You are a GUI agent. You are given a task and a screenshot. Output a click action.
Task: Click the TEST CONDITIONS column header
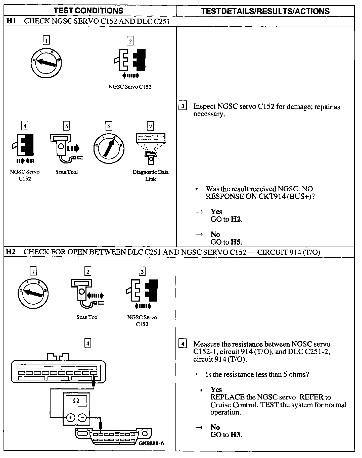[89, 11]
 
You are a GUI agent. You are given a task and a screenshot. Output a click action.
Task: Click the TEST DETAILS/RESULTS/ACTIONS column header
[265, 11]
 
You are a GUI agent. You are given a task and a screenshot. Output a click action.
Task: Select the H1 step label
[11, 21]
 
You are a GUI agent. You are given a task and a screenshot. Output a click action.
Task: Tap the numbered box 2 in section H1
[130, 41]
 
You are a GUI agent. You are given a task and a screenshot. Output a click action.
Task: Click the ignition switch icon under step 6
[109, 148]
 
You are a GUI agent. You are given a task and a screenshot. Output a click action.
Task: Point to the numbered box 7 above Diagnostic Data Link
[150, 126]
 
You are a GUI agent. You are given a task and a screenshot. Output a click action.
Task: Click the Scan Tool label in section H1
[67, 172]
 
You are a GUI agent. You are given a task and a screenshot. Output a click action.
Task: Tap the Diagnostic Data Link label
[151, 176]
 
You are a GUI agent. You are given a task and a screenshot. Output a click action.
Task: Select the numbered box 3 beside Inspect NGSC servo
[183, 106]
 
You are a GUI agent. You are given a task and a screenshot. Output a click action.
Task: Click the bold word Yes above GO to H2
[216, 211]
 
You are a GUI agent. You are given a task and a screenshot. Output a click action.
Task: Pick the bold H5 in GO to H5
[236, 242]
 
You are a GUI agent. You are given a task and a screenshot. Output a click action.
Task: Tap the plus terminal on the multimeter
[71, 418]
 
